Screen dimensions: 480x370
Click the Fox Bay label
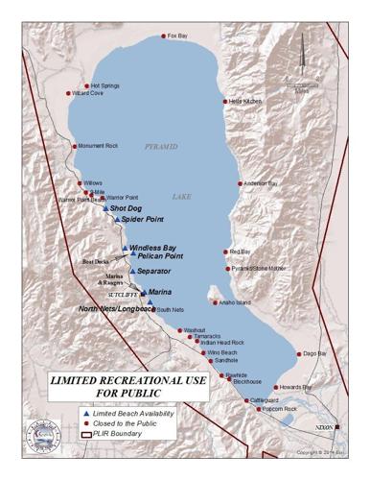177,36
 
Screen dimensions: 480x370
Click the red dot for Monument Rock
73,146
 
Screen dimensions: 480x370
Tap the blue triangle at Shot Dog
106,207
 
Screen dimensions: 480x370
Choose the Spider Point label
140,219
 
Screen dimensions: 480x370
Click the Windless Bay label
152,247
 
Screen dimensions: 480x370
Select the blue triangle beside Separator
132,271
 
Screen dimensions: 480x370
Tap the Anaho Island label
235,302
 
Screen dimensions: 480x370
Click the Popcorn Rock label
278,409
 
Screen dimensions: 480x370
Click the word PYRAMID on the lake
161,147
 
